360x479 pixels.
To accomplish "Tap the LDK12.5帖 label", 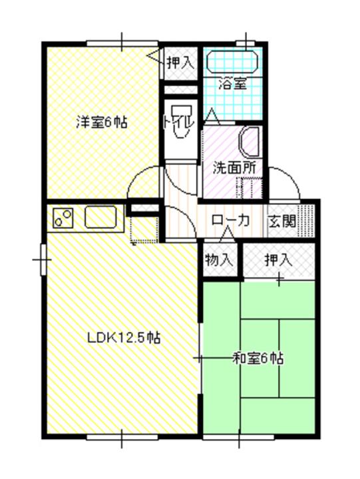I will click(x=124, y=337).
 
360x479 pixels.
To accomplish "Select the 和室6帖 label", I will click(x=258, y=359).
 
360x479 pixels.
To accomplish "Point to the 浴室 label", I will click(x=234, y=84).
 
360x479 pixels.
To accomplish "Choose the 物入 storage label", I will click(x=218, y=259).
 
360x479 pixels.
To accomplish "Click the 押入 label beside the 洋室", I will click(x=180, y=63).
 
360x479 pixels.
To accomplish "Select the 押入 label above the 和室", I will click(x=277, y=260).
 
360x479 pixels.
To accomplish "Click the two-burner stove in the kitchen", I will click(x=64, y=219).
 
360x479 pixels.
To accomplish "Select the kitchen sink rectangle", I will click(x=101, y=217).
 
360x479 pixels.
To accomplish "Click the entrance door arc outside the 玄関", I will click(x=285, y=183).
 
